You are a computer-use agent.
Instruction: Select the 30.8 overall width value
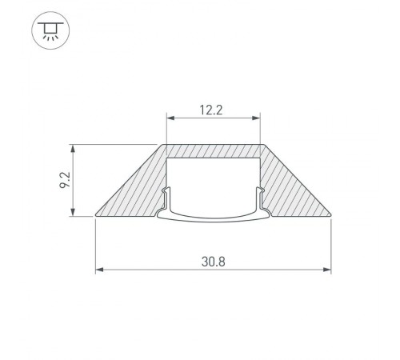coord(214,260)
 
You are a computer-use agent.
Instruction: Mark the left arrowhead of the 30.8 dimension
coord(99,270)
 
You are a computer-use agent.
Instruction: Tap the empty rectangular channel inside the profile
coord(214,180)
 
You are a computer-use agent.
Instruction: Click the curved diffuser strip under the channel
coord(214,214)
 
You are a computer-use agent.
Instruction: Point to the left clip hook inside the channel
coord(167,196)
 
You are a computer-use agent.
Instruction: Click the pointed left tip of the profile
coord(97,214)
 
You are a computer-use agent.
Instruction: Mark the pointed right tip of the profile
coord(330,214)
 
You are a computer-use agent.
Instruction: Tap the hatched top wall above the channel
coord(214,151)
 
